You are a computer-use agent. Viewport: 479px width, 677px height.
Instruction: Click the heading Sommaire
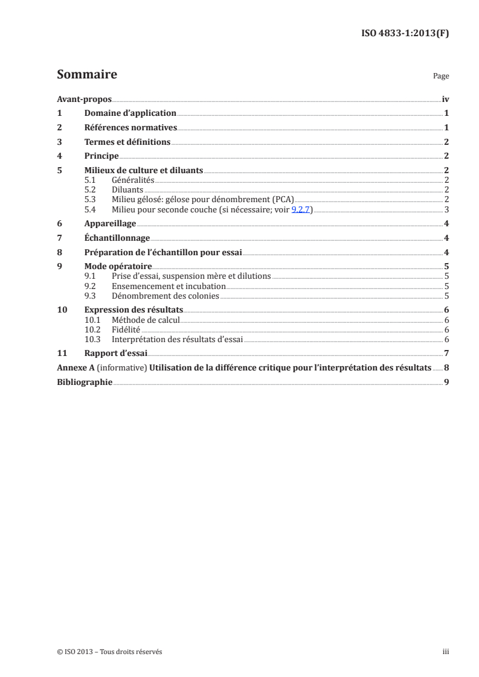point(86,75)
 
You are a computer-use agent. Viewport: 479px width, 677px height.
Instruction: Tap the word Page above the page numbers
point(441,77)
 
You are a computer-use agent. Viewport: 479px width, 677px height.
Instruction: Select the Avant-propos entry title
point(84,99)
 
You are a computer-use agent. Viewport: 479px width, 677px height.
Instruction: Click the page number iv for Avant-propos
point(445,99)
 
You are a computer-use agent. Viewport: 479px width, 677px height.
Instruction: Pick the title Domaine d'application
point(130,113)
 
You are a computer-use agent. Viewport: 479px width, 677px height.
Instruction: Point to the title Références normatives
point(130,127)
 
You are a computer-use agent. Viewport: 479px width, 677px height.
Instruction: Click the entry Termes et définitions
point(127,142)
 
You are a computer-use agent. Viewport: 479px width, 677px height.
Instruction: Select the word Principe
point(101,156)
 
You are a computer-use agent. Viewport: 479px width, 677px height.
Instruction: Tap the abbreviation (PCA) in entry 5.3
point(281,199)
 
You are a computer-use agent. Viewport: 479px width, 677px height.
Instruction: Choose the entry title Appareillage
point(110,223)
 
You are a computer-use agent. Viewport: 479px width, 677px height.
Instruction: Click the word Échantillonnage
point(117,238)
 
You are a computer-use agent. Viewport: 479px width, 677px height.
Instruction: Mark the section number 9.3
point(90,296)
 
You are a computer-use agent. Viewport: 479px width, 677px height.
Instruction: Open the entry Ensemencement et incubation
point(169,286)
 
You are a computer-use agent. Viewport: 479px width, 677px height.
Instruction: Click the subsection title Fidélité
point(126,329)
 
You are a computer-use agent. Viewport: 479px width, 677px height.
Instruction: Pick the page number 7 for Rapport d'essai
point(446,353)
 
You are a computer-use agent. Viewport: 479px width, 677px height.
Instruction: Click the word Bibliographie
point(84,382)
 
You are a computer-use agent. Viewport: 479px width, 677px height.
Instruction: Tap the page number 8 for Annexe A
point(446,367)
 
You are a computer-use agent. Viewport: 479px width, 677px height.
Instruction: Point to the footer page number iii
point(446,652)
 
